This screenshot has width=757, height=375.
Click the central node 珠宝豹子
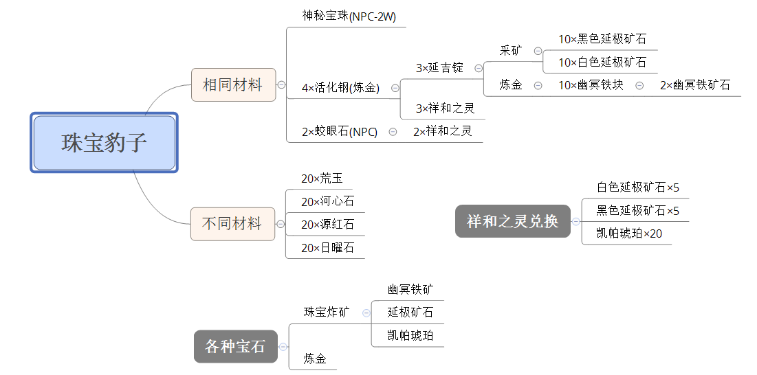coord(105,143)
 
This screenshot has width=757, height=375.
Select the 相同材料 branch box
coord(234,85)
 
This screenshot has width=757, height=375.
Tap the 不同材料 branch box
coord(232,224)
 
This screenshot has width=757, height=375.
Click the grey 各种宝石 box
coord(236,346)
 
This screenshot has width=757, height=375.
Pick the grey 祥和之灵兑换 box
coord(513,221)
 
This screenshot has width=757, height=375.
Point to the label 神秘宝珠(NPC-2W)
coord(349,16)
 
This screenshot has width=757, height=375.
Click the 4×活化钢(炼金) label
coord(341,88)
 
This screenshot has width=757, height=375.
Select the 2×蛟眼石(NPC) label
coord(340,132)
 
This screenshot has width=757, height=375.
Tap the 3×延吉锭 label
coord(440,68)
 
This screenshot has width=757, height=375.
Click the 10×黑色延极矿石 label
coord(602,39)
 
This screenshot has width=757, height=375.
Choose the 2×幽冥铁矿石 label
coord(694,85)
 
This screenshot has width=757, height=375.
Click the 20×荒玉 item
coord(322,179)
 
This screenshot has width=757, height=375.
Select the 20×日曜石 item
coord(328,248)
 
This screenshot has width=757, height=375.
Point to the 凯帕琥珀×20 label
coord(629,234)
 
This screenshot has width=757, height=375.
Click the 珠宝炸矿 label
coord(327,312)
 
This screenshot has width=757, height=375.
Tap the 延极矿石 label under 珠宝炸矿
coord(410,312)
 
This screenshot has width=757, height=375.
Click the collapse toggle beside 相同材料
coord(281,85)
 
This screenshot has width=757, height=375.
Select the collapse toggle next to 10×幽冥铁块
coord(639,85)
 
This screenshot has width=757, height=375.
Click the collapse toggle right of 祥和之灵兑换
coord(576,221)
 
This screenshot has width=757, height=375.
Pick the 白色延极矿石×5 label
coord(638,187)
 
